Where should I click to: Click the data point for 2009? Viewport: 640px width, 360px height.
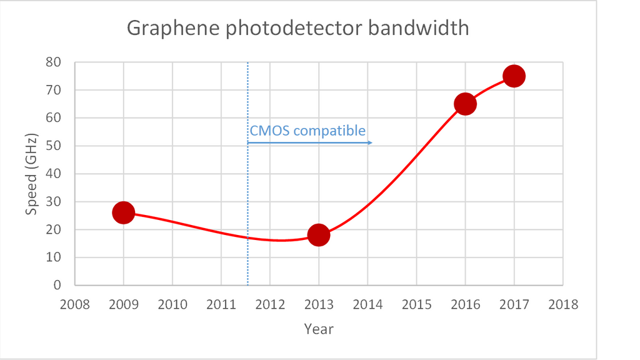(124, 212)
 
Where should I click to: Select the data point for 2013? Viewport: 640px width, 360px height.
(319, 235)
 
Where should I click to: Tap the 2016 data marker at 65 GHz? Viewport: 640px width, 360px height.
(465, 104)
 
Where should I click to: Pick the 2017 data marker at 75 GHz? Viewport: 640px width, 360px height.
(514, 76)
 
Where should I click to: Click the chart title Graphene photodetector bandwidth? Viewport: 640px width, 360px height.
(297, 28)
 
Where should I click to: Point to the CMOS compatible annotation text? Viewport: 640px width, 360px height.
(307, 131)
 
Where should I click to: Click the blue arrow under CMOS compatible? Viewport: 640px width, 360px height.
(310, 143)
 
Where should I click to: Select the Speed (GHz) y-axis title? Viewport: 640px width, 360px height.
(31, 174)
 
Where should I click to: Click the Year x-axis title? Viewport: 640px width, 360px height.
(319, 329)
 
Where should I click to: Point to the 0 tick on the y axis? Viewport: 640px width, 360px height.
(57, 285)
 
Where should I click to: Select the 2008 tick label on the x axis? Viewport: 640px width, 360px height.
(75, 304)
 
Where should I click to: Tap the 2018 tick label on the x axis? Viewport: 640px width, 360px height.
(562, 304)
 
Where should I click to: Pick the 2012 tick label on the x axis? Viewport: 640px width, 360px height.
(270, 304)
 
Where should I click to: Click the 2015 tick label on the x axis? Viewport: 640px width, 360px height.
(416, 304)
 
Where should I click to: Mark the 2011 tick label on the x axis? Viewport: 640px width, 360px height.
(221, 304)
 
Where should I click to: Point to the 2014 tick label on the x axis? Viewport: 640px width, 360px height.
(367, 304)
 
